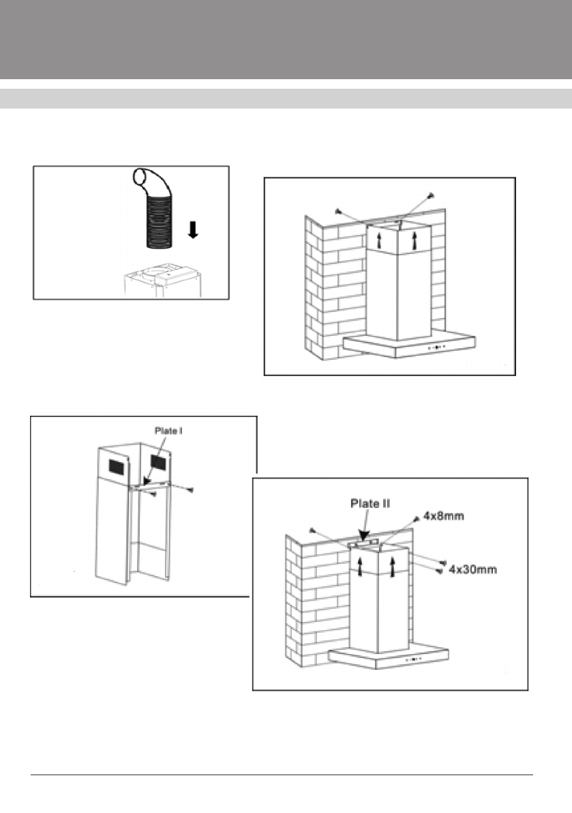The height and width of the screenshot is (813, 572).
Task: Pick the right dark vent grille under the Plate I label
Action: (158, 462)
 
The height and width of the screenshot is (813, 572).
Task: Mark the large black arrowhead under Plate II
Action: (365, 537)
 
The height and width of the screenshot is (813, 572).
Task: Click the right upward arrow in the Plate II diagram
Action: (392, 566)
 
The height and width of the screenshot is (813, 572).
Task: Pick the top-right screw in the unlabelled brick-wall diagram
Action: (430, 196)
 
